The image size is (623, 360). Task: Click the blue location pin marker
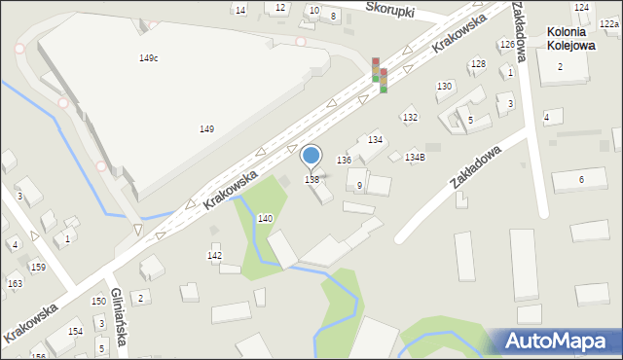point(311,156)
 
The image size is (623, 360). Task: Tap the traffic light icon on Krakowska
point(380,75)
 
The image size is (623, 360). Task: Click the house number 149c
point(148,58)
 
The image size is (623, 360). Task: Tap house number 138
point(311,179)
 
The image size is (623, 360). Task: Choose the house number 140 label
point(265,219)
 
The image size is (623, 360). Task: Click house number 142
point(215,255)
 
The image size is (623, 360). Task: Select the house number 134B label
point(415,157)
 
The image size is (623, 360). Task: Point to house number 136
point(344,160)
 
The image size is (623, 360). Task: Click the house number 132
point(410,118)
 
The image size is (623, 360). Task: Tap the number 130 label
point(444,87)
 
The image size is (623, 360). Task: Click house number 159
point(38,267)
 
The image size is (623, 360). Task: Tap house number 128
point(478,64)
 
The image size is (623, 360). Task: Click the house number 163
point(15,284)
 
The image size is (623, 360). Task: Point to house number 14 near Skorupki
point(240,9)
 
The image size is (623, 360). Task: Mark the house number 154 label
point(75,332)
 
